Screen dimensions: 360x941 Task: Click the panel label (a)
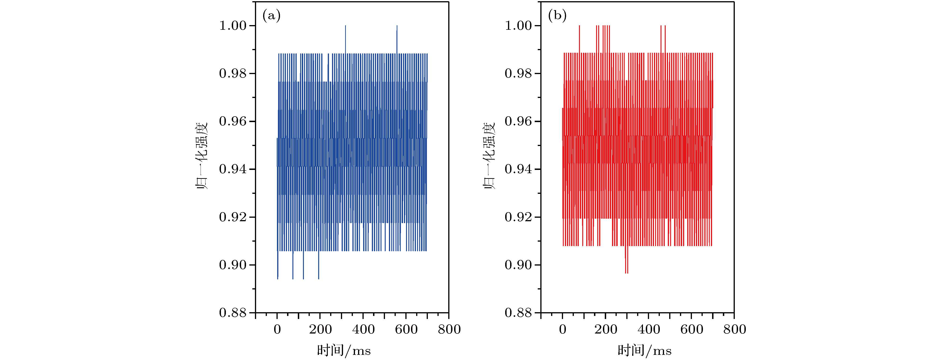(x=271, y=16)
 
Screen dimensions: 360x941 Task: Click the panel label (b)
(x=557, y=16)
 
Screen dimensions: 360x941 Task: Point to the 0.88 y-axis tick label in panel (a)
(x=233, y=313)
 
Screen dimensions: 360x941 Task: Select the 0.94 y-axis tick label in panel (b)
(x=518, y=169)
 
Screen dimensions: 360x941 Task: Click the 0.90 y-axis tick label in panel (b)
(x=518, y=265)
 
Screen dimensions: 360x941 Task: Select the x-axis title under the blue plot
(x=344, y=351)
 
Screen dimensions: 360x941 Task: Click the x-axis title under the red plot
(x=644, y=351)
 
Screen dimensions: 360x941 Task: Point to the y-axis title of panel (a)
(x=202, y=156)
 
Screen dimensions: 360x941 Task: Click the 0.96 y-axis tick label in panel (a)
(x=233, y=121)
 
